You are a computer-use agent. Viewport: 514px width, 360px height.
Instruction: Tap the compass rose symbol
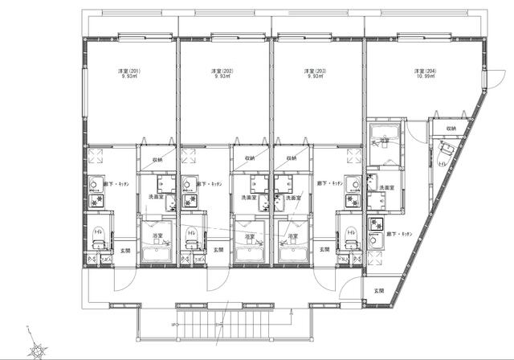(x=35, y=346)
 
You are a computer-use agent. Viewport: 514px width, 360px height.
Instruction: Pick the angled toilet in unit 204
(x=445, y=149)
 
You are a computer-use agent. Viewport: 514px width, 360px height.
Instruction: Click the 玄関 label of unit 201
(x=124, y=250)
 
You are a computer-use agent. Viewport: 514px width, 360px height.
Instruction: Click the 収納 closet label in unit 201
(x=157, y=159)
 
